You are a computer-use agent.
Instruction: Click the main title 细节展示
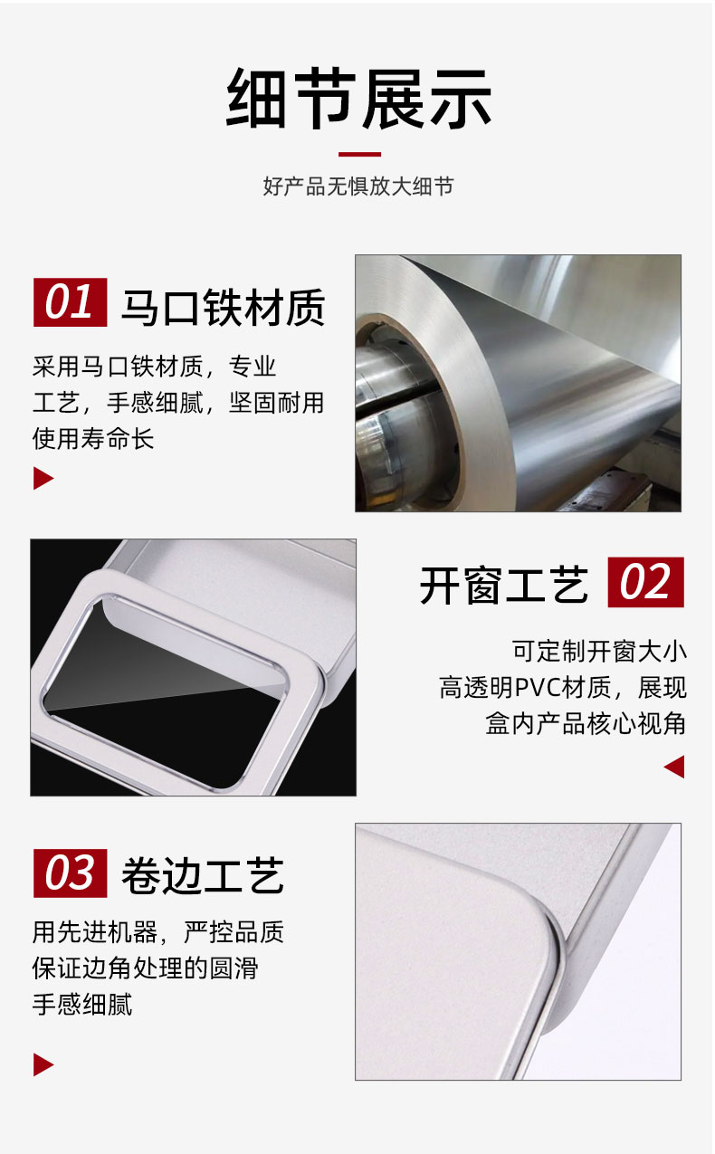coord(358,98)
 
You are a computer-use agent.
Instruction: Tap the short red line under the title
coord(359,154)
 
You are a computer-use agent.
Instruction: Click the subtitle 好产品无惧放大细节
coord(358,186)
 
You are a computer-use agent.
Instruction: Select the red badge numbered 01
coord(70,302)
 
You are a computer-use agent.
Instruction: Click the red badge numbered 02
coord(646,582)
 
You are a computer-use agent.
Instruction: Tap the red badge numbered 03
coord(70,873)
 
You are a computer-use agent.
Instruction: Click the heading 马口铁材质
coord(223,307)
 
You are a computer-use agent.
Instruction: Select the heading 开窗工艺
coord(504,585)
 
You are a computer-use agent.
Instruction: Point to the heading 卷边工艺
coord(203,876)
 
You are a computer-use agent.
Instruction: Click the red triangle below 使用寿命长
coord(43,478)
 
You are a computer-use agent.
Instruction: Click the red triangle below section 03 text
coord(43,1064)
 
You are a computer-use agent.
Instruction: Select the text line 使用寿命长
coord(93,439)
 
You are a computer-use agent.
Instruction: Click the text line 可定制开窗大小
coord(599,651)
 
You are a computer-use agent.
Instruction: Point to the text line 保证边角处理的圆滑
coord(146,968)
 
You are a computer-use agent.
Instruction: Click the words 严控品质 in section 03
coord(234,932)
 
